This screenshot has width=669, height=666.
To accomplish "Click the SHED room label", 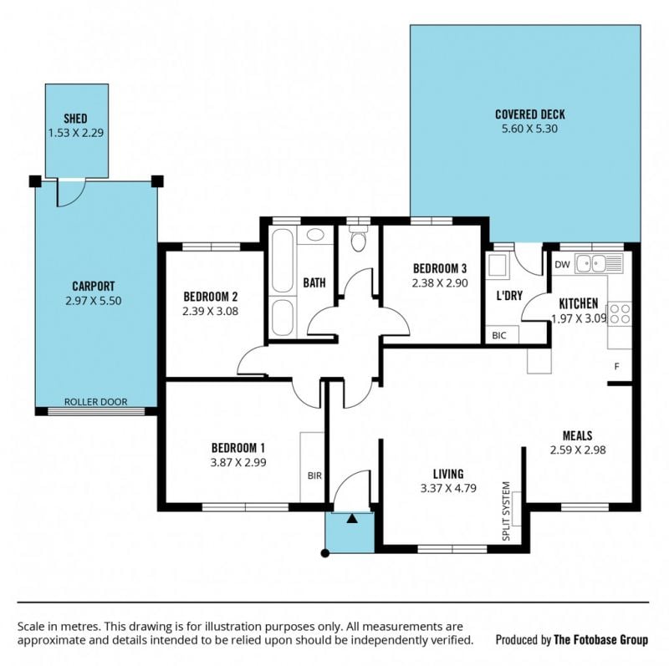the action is (75, 118).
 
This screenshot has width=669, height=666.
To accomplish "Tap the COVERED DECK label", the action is (530, 114).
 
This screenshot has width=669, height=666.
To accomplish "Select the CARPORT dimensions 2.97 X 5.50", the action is (94, 301).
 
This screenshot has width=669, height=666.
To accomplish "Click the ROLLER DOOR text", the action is (95, 402).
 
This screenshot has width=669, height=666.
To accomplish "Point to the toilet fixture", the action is (359, 240).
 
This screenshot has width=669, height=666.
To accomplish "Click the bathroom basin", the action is (315, 235).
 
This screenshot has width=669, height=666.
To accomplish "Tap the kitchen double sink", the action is (599, 263).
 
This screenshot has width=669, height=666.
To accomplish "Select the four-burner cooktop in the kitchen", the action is (620, 314).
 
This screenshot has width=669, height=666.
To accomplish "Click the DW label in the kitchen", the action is (562, 264).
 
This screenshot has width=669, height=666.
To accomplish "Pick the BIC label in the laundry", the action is (498, 336).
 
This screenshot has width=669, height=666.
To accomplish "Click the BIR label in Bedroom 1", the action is (314, 475).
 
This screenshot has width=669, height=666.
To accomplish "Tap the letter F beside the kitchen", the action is (616, 366).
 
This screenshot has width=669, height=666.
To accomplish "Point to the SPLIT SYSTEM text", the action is (506, 511).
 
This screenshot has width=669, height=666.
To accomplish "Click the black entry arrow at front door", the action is (352, 518).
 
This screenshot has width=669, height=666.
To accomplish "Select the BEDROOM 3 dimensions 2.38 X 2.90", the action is (440, 283).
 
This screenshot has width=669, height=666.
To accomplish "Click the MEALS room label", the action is (578, 435).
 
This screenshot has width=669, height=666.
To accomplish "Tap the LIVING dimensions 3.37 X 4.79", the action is (448, 488).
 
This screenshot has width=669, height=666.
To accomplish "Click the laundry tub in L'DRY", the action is (498, 266).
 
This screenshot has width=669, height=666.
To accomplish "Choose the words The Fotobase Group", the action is (600, 639).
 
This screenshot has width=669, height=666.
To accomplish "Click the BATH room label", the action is (314, 282).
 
